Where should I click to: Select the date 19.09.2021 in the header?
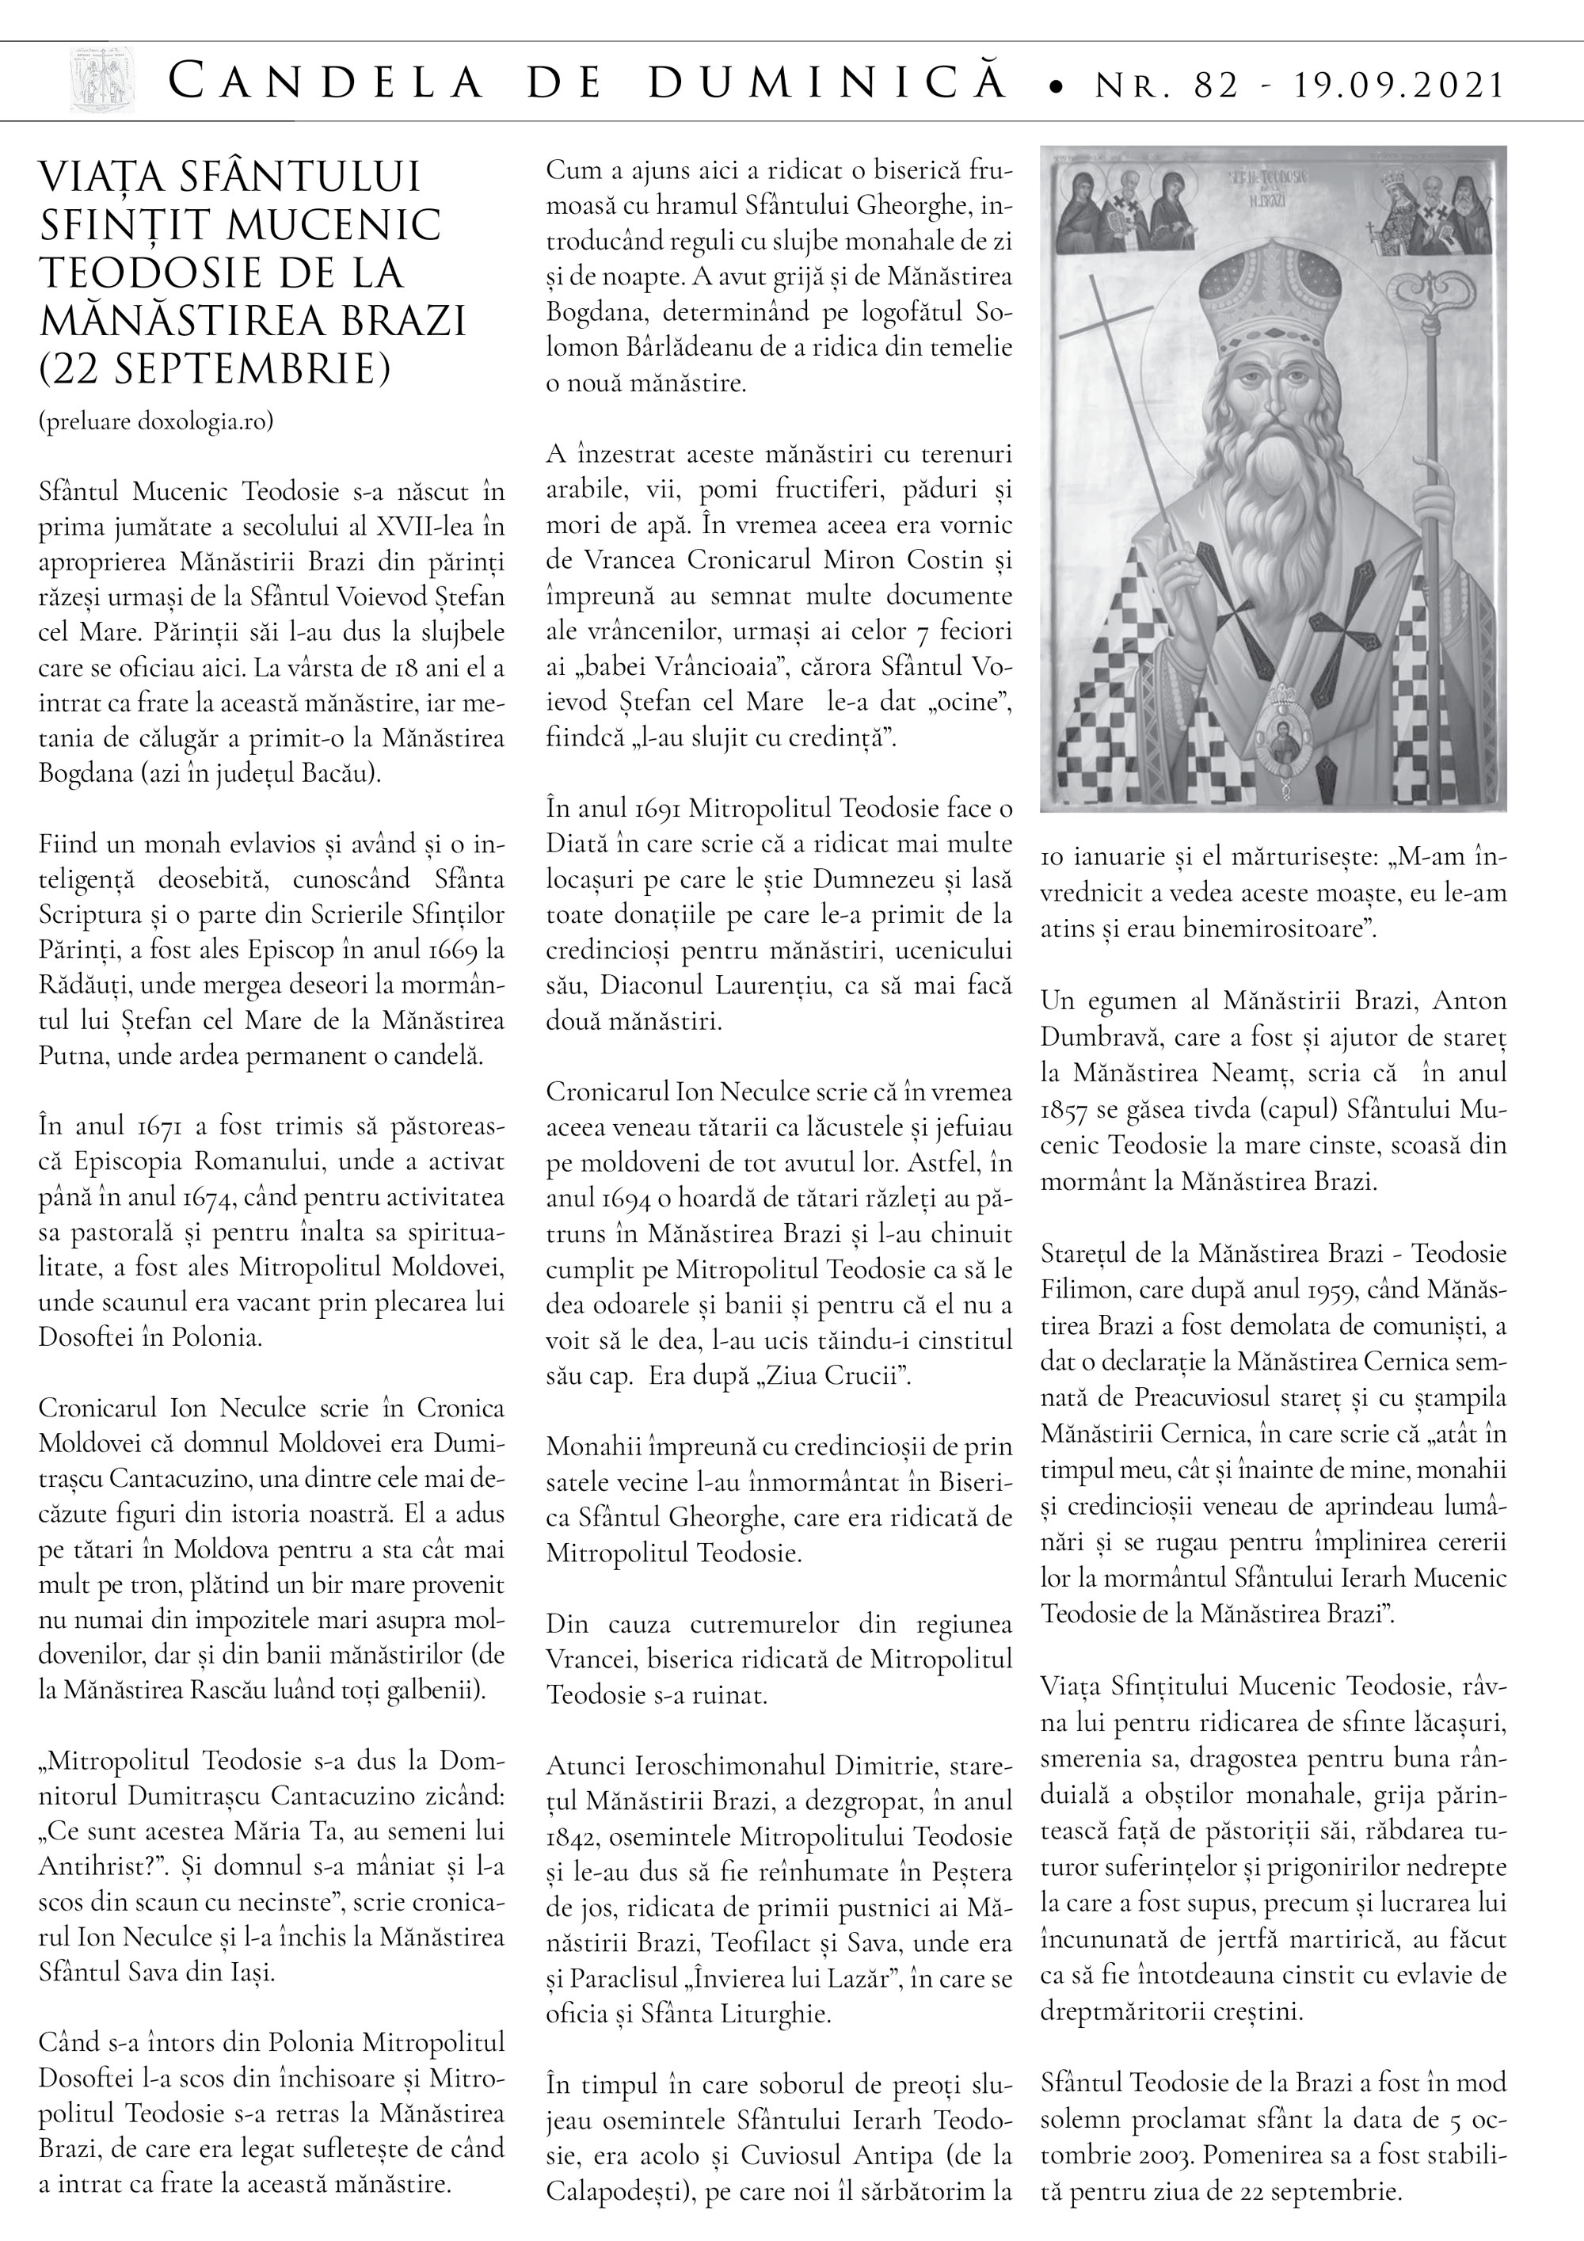pyautogui.click(x=1399, y=86)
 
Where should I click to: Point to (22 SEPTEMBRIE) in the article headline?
pyautogui.click(x=215, y=369)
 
